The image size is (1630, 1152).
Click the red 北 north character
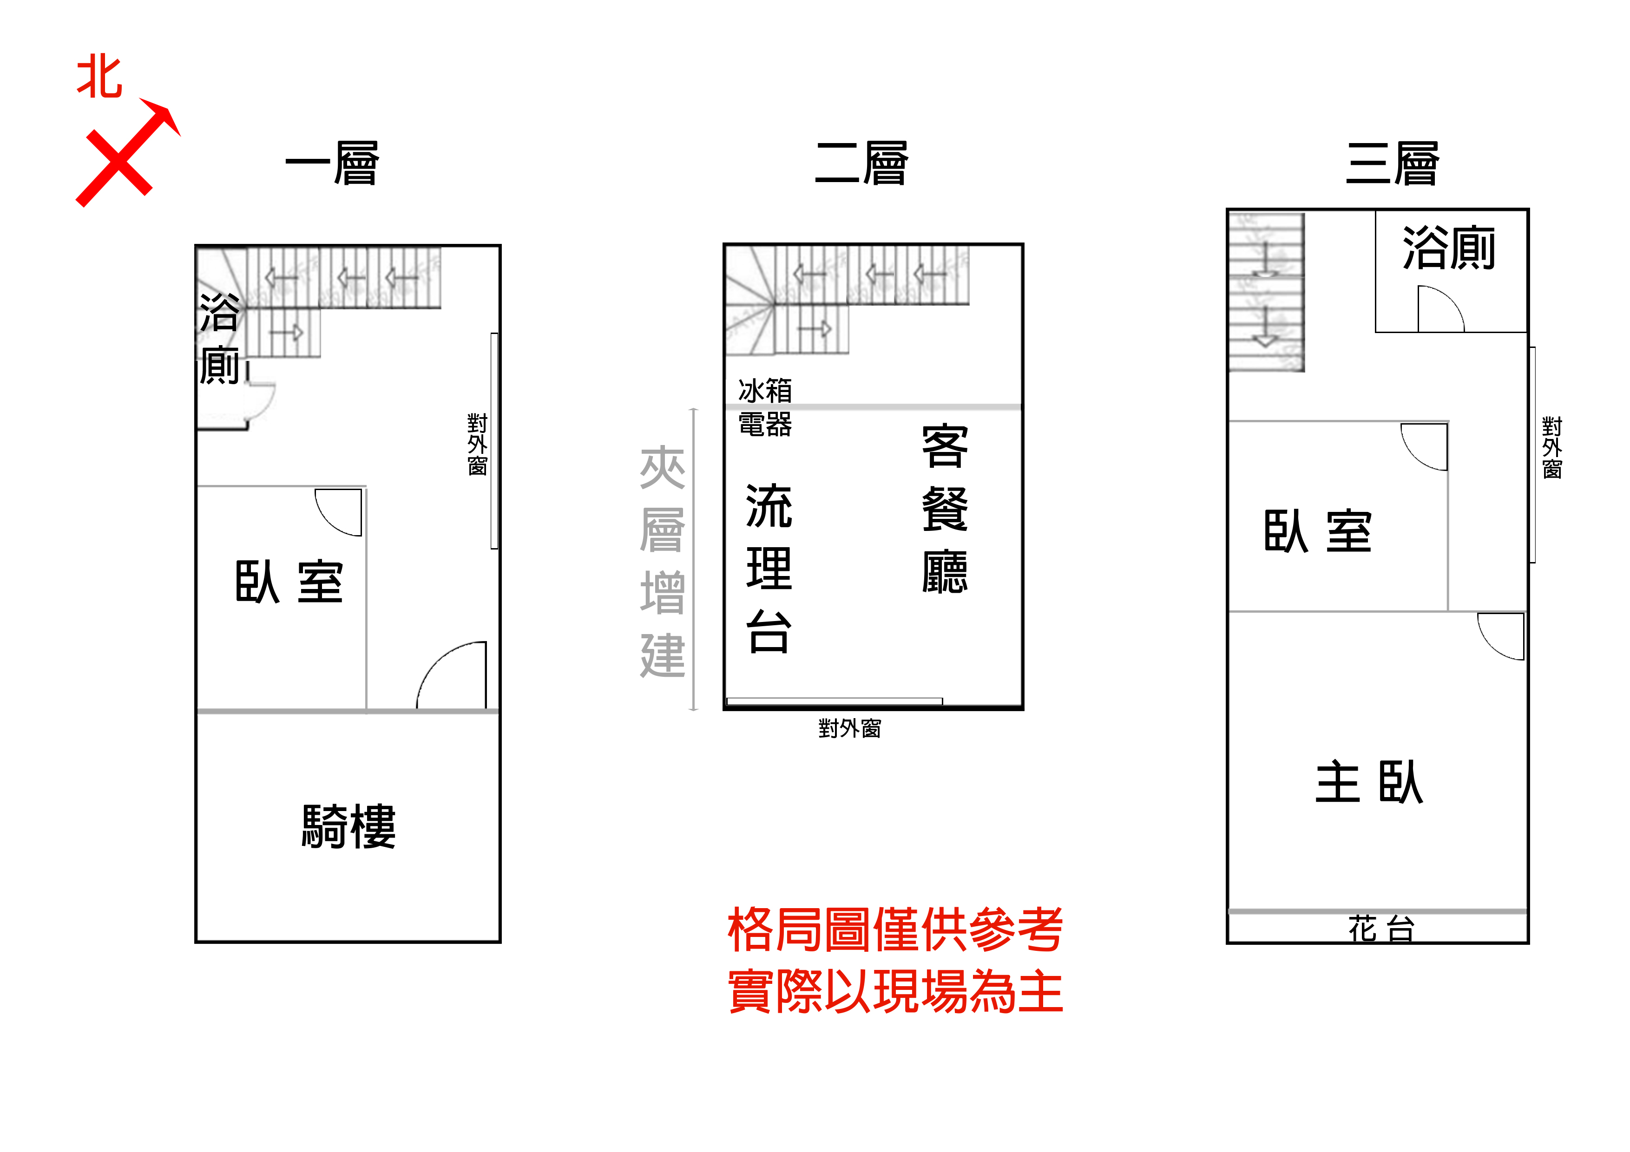[99, 78]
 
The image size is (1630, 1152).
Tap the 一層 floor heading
[332, 163]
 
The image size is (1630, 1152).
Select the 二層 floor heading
[862, 163]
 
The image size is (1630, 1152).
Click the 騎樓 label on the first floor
[348, 826]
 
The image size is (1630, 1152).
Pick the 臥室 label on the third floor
[1318, 531]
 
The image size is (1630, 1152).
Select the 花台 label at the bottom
[1381, 929]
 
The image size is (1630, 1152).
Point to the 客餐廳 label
[945, 509]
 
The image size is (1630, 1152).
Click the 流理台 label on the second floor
[769, 568]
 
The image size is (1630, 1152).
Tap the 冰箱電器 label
[765, 407]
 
